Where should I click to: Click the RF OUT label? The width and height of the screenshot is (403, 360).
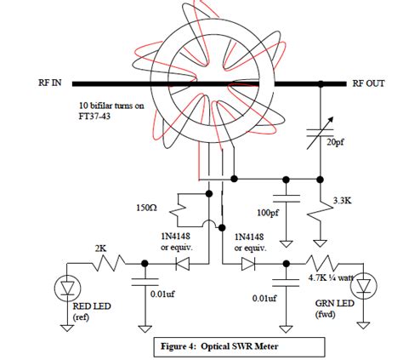coord(369,83)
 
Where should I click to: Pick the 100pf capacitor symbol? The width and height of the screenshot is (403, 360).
coord(286,201)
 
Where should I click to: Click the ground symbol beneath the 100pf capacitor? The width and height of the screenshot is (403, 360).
coord(286,236)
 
